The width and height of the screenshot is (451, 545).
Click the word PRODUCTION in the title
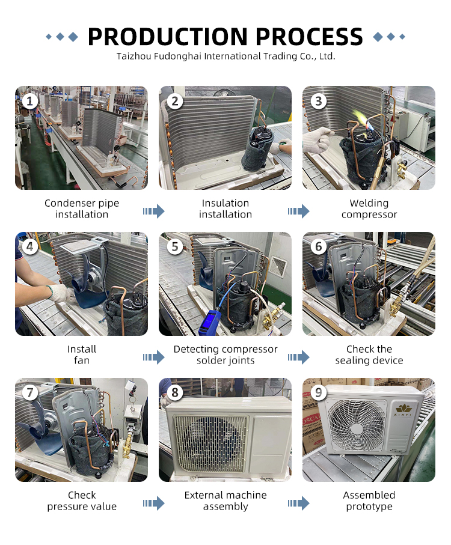coord(168,37)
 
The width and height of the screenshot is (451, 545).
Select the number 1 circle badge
coord(30,101)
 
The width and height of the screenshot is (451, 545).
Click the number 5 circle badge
coord(175,247)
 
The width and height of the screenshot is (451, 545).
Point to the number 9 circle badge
coord(319,392)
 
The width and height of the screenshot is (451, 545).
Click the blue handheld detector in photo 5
coord(209,323)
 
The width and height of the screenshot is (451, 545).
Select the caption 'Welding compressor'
coord(369,209)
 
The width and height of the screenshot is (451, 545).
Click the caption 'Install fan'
coord(82,355)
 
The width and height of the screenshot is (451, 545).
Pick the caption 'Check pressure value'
coord(82,501)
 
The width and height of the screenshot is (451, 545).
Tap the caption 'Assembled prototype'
coord(369,501)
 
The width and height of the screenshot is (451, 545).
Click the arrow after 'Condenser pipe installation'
coord(153,211)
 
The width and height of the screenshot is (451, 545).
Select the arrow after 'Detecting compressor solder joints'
coord(298,357)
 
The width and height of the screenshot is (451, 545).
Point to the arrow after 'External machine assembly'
coord(298,503)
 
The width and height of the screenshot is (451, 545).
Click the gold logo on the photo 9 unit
coord(403,410)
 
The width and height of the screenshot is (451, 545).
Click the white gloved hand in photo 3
coord(317,139)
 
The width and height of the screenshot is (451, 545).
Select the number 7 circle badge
coord(30,392)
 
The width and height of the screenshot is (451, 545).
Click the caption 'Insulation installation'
coord(226,209)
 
